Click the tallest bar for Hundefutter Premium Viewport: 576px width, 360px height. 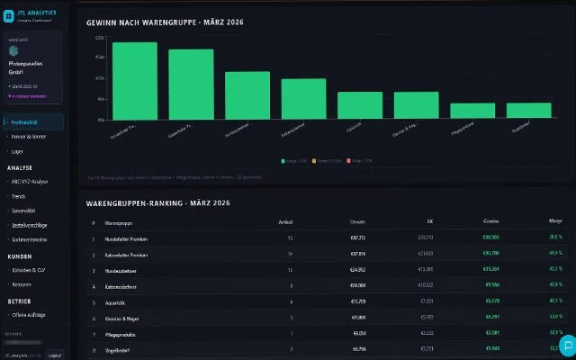click(x=134, y=81)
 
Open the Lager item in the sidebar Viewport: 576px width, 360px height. click(x=17, y=152)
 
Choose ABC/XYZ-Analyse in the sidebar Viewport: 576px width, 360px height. click(x=31, y=181)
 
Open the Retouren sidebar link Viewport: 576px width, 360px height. click(x=22, y=283)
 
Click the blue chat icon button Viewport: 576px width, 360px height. click(x=567, y=346)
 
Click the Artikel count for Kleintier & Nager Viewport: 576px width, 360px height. click(x=290, y=317)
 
